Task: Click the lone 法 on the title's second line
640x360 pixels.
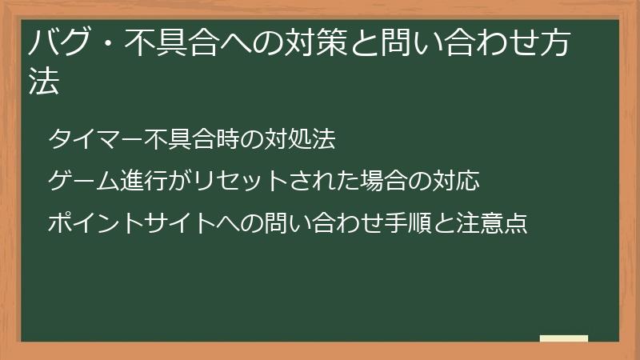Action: (45, 83)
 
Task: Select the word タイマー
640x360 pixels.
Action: (95, 139)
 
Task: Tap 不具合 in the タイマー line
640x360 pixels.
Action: (180, 139)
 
